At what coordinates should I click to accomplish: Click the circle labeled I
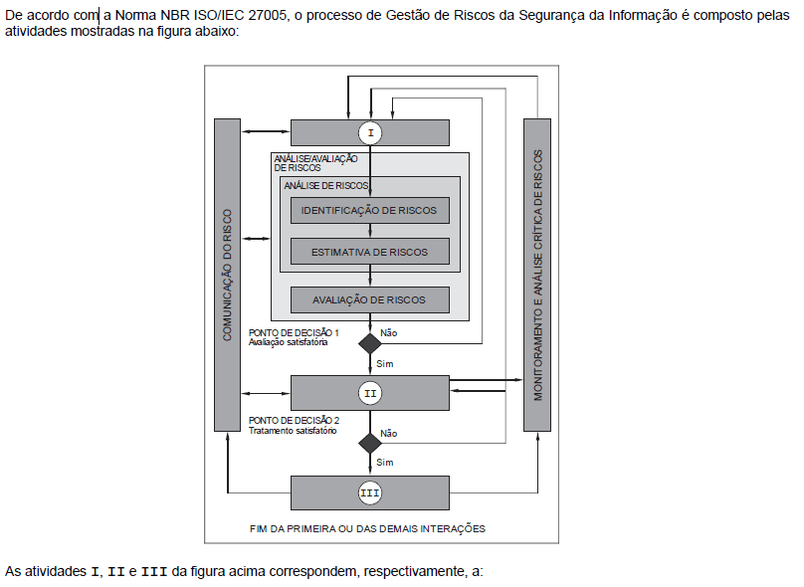click(x=370, y=132)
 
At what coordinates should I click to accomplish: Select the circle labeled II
click(x=370, y=393)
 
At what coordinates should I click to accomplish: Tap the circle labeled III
click(x=370, y=491)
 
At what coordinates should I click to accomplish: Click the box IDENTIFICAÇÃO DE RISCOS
click(x=370, y=211)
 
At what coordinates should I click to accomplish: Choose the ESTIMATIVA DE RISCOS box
click(x=370, y=252)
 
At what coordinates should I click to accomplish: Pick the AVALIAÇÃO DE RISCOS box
click(x=370, y=299)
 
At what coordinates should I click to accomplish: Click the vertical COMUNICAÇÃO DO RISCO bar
click(x=228, y=275)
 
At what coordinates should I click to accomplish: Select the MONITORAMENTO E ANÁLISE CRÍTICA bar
click(x=537, y=275)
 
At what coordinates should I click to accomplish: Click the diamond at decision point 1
click(x=370, y=344)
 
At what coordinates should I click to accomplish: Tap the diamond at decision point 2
click(x=370, y=443)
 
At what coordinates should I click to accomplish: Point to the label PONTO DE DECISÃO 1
click(x=294, y=332)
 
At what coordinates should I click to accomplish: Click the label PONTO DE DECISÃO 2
click(x=294, y=421)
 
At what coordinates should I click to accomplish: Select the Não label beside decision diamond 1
click(x=389, y=332)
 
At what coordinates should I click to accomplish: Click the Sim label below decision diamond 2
click(x=385, y=463)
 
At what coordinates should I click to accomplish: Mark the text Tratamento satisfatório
click(x=293, y=431)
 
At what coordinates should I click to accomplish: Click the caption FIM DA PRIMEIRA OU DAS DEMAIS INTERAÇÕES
click(x=368, y=528)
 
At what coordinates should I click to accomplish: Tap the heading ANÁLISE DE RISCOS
click(x=326, y=185)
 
